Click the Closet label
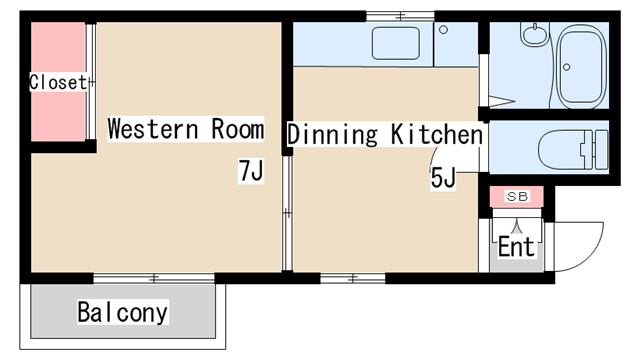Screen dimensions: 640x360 click(58, 82)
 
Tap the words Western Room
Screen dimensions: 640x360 click(186, 129)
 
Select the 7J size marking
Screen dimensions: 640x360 click(251, 171)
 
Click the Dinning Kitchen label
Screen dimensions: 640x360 click(385, 134)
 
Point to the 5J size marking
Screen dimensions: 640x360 click(443, 178)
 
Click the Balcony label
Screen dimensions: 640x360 click(122, 312)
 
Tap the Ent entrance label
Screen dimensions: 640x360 click(516, 246)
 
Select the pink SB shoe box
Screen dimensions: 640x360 click(517, 196)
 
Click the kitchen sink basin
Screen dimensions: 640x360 click(396, 43)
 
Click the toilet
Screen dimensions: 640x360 click(573, 149)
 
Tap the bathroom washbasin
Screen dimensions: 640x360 click(535, 33)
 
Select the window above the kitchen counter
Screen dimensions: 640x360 click(400, 16)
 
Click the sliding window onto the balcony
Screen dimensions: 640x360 click(154, 278)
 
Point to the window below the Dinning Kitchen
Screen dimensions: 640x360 click(353, 278)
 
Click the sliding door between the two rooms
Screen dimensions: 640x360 click(287, 213)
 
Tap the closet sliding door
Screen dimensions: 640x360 click(91, 82)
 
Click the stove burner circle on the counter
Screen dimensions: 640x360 click(444, 30)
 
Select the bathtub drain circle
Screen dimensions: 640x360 click(567, 67)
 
